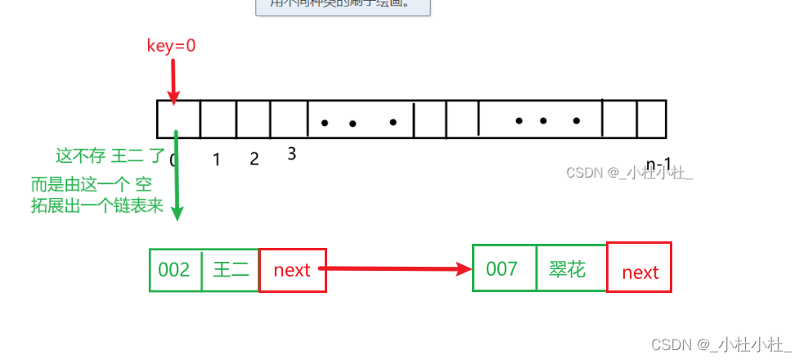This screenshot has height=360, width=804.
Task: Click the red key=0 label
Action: point(171,46)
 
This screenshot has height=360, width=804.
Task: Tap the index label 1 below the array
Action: point(217,160)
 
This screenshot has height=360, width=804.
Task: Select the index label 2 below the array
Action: point(254,159)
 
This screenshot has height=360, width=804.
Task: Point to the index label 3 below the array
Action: point(292,153)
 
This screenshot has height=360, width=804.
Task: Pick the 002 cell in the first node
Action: point(174,270)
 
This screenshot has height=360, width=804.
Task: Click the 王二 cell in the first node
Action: point(230,270)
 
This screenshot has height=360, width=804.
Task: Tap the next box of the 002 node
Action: point(292,270)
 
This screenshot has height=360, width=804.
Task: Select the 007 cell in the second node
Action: point(501,268)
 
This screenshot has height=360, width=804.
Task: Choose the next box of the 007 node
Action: point(640,271)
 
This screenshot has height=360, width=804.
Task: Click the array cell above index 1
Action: point(218,119)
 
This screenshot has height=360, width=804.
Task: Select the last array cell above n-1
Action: point(651,119)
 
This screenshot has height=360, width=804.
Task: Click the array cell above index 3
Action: point(288,119)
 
